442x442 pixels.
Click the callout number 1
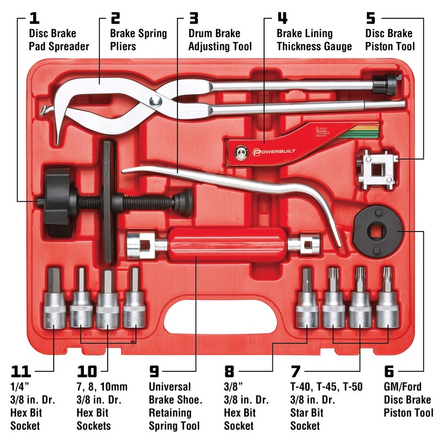pos(34,18)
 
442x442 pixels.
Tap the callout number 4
pos(282,18)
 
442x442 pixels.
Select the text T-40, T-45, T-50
pos(326,387)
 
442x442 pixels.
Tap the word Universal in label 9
pos(170,387)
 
